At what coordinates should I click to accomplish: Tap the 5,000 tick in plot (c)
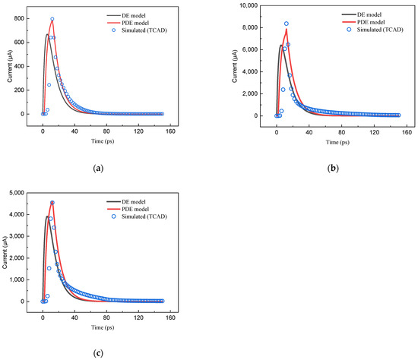(x=22, y=192)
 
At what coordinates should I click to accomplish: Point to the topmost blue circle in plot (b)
(x=287, y=24)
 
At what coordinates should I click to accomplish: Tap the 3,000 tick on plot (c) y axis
(x=22, y=236)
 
